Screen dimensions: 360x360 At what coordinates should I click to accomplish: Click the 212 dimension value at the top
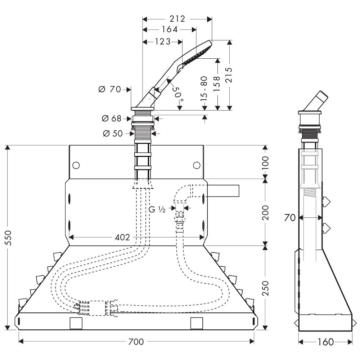pyautogui.click(x=177, y=19)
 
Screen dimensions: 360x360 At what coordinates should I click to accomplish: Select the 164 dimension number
pyautogui.click(x=169, y=29)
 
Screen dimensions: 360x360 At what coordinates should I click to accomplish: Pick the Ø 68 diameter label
pyautogui.click(x=111, y=118)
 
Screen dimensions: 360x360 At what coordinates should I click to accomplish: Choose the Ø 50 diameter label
pyautogui.click(x=113, y=134)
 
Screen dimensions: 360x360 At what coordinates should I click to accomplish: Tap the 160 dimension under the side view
pyautogui.click(x=325, y=342)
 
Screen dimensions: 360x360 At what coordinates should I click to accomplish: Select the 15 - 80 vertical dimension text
pyautogui.click(x=204, y=88)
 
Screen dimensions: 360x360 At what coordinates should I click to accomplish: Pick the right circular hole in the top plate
pyautogui.click(x=196, y=165)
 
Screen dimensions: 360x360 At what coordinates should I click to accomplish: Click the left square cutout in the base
pyautogui.click(x=76, y=323)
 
